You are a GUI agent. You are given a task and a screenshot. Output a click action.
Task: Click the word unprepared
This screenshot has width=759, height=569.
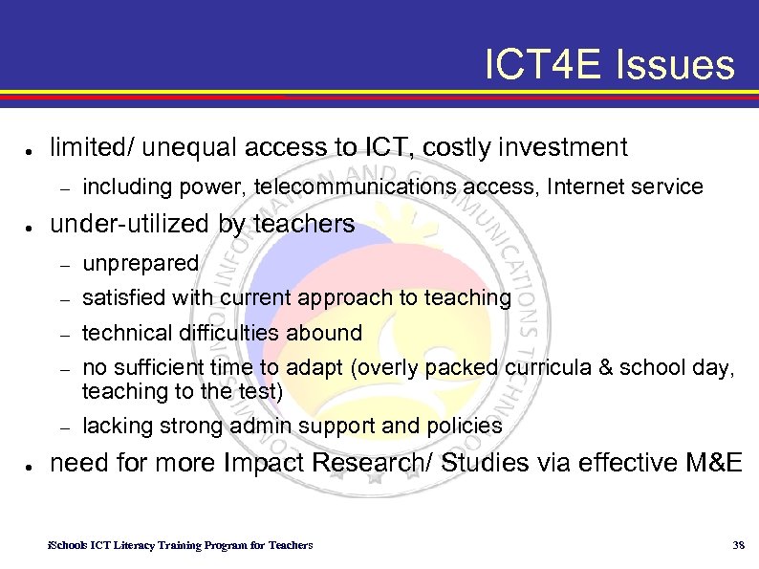pyautogui.click(x=141, y=263)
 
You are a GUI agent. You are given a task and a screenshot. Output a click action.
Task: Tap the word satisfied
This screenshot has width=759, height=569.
pyautogui.click(x=119, y=298)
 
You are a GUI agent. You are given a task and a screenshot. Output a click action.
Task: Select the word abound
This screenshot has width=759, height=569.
pyautogui.click(x=332, y=333)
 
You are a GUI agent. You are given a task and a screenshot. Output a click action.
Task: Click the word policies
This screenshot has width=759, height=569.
pyautogui.click(x=466, y=426)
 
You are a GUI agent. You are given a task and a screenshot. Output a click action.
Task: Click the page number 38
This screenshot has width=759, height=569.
pyautogui.click(x=737, y=545)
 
